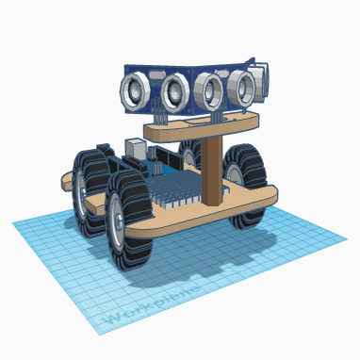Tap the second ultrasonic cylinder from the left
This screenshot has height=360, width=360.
pyautogui.click(x=173, y=91)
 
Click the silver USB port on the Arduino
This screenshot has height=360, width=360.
pyautogui.click(x=136, y=148)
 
